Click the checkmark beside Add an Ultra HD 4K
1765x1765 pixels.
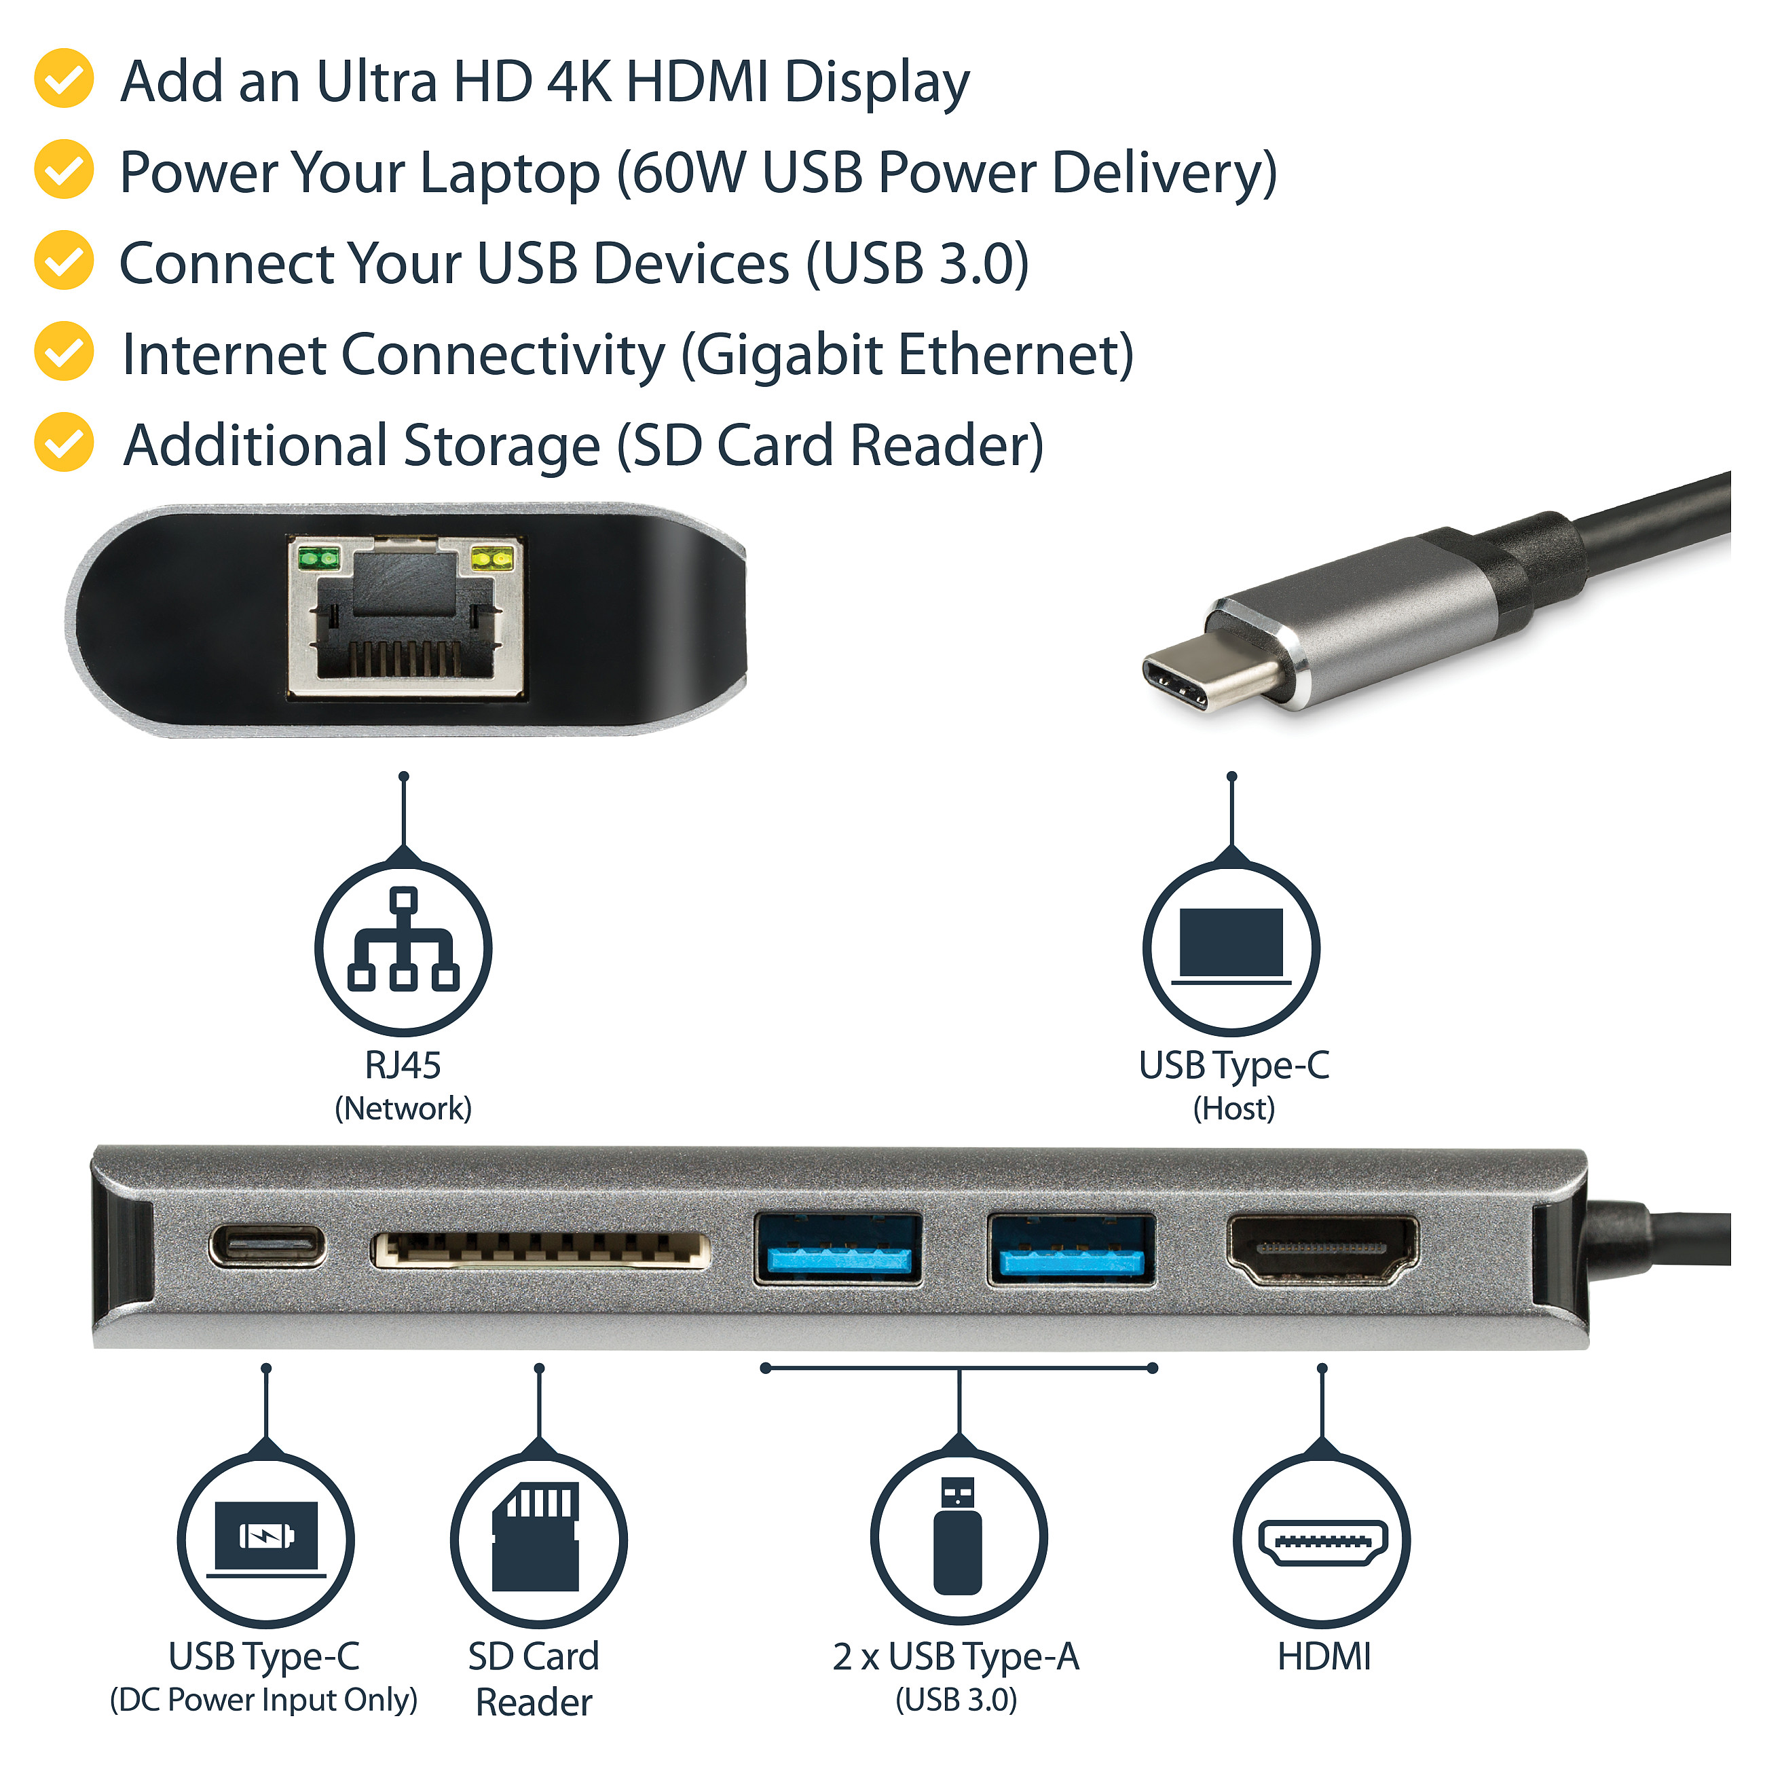[x=64, y=79]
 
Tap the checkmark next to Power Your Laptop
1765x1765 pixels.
[x=64, y=169]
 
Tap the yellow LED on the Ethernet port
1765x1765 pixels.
[x=491, y=557]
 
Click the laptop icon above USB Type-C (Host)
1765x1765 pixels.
[x=1231, y=946]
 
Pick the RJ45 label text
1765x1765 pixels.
[x=403, y=1065]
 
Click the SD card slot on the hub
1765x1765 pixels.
[x=540, y=1250]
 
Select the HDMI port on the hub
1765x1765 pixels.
[x=1322, y=1249]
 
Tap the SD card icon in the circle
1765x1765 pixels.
[x=536, y=1537]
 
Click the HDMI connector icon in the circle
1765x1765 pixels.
[x=1322, y=1543]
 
